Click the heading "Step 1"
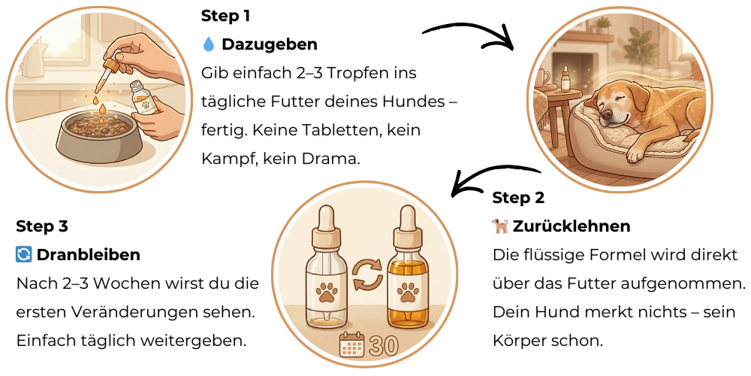(225, 16)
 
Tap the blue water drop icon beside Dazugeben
(208, 44)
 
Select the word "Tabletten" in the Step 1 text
(344, 130)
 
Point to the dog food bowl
(100, 137)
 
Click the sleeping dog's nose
(607, 114)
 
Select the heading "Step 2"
(518, 198)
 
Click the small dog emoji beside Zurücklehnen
(499, 226)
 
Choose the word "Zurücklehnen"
(572, 226)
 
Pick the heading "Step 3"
(42, 226)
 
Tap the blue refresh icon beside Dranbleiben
(23, 255)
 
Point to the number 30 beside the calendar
(384, 346)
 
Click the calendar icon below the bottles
(352, 345)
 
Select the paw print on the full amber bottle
(408, 292)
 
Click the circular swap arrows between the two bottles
(367, 274)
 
